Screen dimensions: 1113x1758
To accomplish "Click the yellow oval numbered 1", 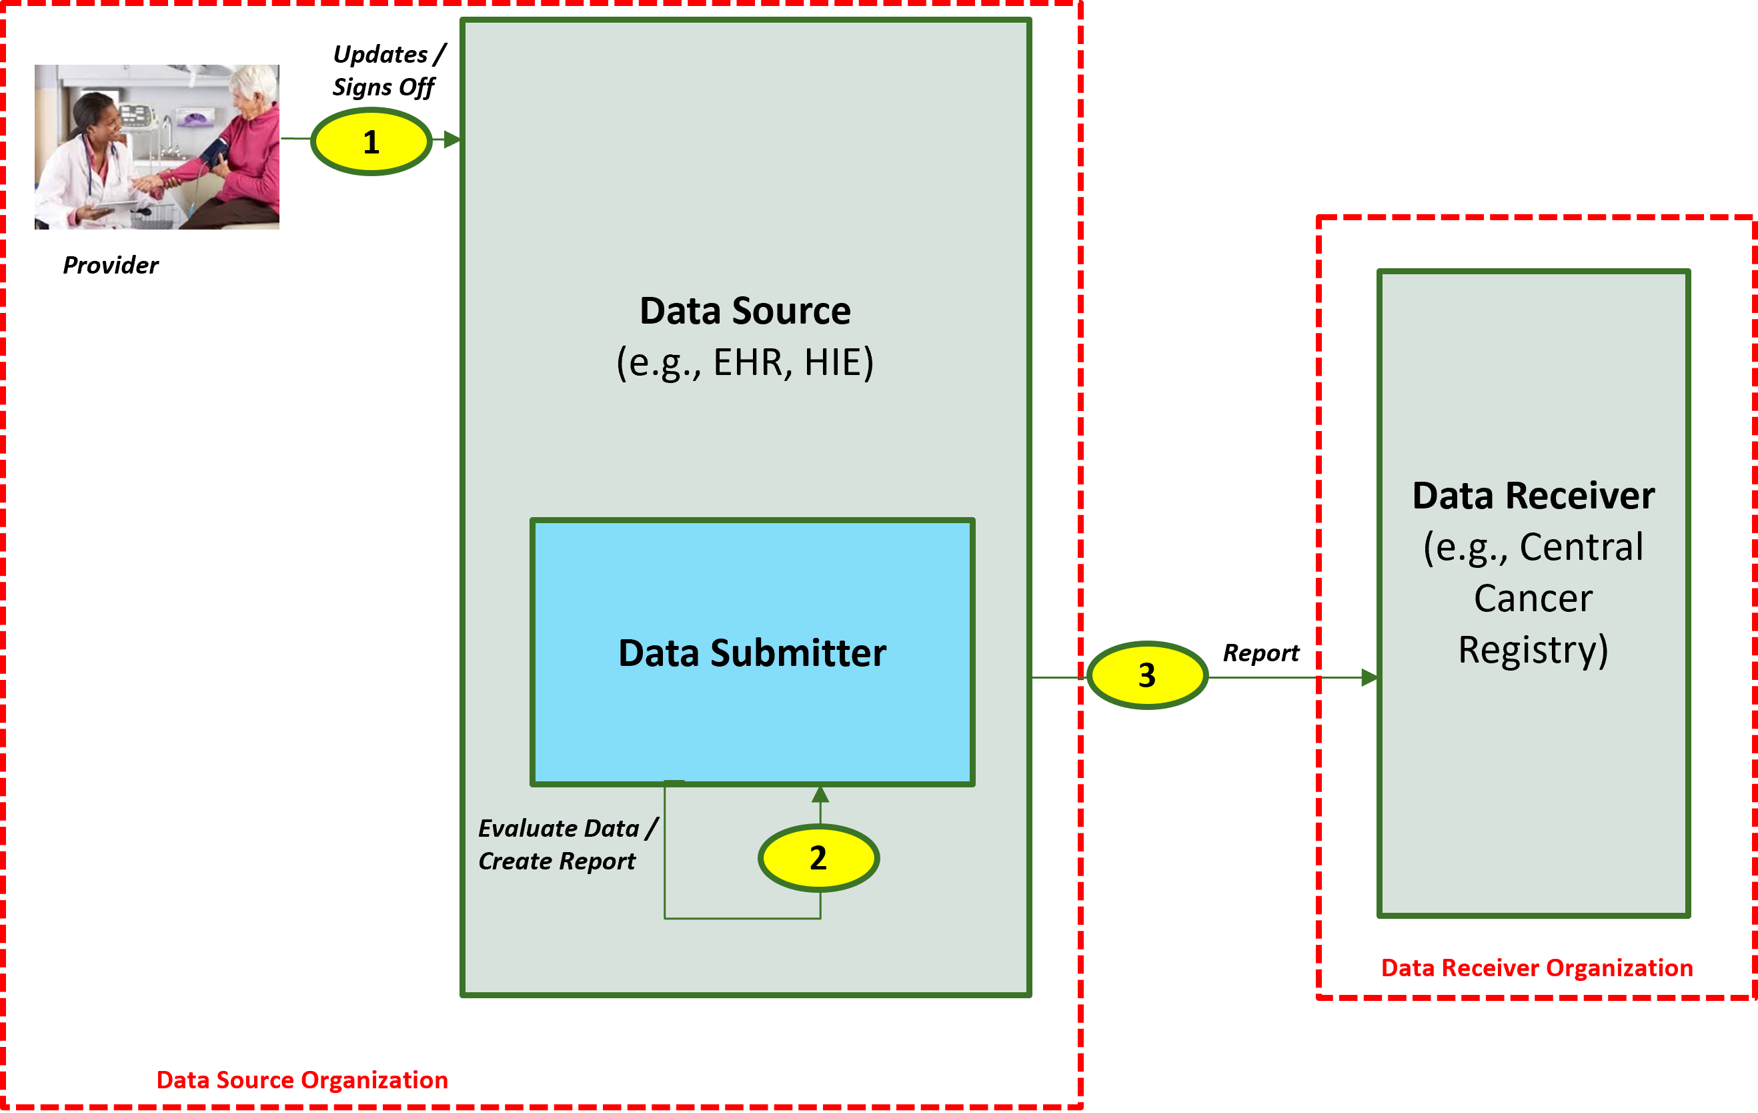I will [371, 141].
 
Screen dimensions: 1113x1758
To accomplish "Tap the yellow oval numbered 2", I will [818, 857].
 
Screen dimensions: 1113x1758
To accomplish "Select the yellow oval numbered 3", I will [1147, 675].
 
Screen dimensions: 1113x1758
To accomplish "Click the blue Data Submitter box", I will [752, 701].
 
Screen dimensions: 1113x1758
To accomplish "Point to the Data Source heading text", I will [745, 310].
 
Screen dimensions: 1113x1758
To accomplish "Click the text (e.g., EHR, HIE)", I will [745, 362].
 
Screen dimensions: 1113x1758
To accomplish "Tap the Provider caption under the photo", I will [110, 265].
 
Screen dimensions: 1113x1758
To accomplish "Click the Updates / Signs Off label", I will [387, 70].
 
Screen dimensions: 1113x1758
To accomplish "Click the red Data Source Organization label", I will [301, 1080].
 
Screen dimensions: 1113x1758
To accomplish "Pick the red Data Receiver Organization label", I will [1537, 968].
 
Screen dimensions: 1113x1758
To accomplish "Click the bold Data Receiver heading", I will [1533, 495].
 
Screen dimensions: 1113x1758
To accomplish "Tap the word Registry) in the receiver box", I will [1533, 649].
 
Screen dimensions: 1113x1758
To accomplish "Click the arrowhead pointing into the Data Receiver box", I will [1369, 678].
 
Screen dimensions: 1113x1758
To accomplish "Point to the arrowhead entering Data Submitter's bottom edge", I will [820, 795].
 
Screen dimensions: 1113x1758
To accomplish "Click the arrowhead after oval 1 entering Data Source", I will [452, 139].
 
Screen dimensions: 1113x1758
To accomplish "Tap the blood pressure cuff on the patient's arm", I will [215, 153].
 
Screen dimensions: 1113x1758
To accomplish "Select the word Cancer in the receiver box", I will [1533, 598].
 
